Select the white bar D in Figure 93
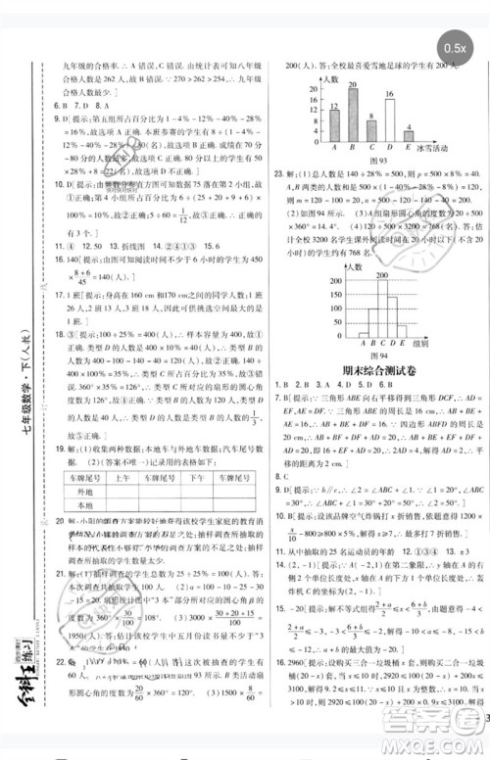tap(390, 122)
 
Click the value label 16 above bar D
tap(390, 94)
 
